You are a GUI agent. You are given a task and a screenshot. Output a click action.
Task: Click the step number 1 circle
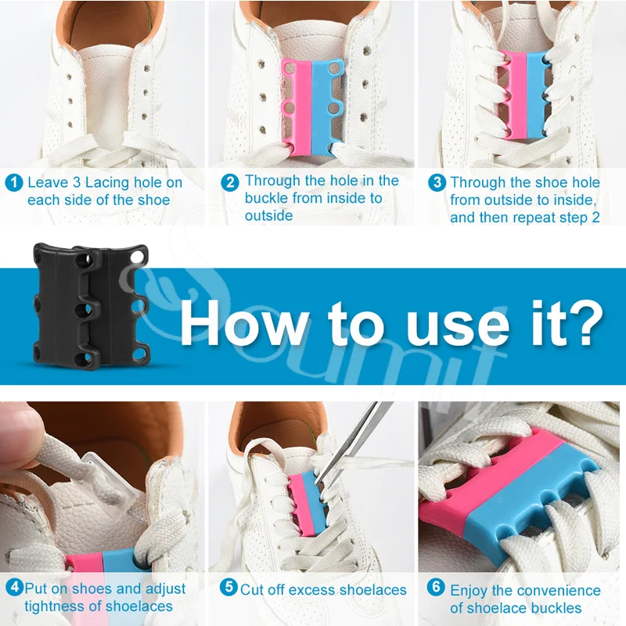tap(14, 182)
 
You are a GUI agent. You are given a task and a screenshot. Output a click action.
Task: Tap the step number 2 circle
tap(230, 182)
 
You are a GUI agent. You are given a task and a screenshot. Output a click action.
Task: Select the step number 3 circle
tap(437, 182)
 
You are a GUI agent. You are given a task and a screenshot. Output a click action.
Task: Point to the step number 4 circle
tap(14, 588)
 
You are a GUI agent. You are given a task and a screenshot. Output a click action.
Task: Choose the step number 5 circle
tap(228, 587)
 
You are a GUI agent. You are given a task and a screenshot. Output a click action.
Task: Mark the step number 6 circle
tap(436, 587)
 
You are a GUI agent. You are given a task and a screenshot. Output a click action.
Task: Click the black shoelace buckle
tap(91, 307)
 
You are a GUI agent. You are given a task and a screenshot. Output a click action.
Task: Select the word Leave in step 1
tap(48, 182)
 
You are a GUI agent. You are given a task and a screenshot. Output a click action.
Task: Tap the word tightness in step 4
tap(55, 606)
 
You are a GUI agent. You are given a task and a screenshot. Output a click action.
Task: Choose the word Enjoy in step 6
tap(469, 591)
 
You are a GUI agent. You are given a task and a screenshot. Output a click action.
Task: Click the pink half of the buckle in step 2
tap(296, 106)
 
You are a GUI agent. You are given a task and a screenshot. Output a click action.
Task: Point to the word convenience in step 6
tap(561, 591)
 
